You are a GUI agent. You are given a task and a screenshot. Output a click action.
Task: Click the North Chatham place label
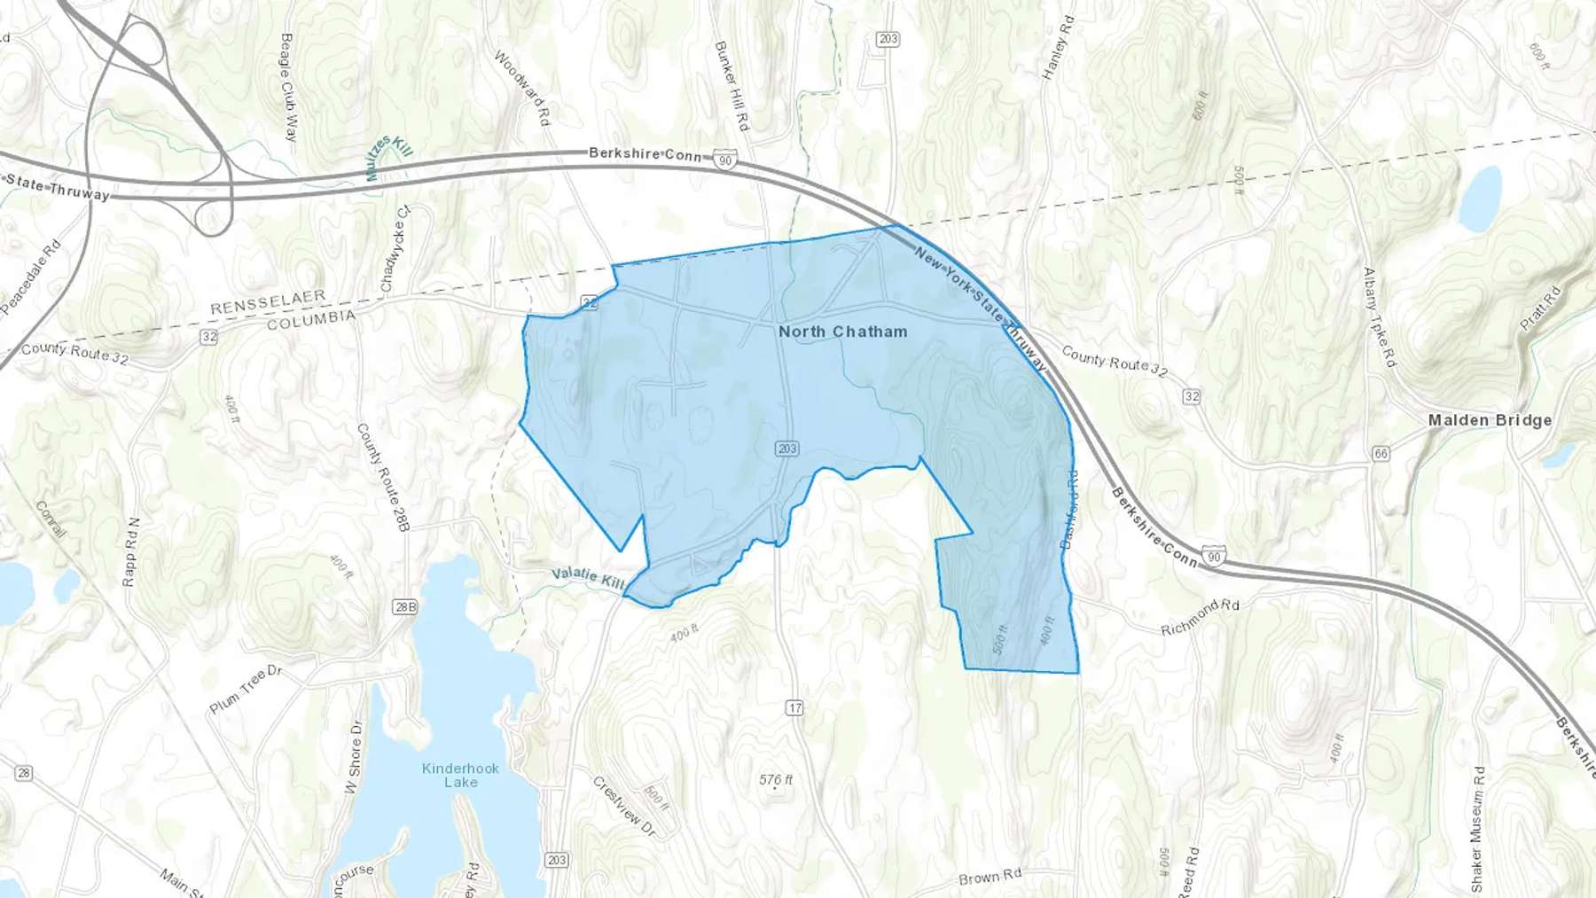coord(842,332)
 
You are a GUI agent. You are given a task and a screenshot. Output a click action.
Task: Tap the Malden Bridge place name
coord(1490,420)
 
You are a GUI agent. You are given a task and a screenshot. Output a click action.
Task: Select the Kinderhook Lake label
coord(460,775)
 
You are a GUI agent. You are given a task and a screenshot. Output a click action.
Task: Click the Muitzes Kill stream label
coord(388,157)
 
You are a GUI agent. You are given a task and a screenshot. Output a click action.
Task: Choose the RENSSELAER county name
coord(268,301)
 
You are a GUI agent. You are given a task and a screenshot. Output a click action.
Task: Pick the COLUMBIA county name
coord(310,319)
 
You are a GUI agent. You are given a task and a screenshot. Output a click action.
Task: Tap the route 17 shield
coord(794,707)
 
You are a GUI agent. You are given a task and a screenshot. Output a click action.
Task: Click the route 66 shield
coord(1381,454)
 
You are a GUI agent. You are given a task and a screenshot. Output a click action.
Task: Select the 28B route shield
coord(404,606)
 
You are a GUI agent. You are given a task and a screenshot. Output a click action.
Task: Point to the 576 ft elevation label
coord(776,780)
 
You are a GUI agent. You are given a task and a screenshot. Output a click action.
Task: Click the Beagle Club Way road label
coord(288,87)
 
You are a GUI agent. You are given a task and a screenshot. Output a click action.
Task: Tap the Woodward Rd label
coord(522,87)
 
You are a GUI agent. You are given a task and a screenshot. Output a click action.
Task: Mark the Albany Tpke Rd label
coord(1380,317)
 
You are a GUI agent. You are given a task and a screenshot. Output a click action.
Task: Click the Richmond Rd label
coord(1200,617)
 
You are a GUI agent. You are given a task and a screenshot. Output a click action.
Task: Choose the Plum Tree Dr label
coord(246,689)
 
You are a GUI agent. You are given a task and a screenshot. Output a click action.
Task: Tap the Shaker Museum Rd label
coord(1477,829)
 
